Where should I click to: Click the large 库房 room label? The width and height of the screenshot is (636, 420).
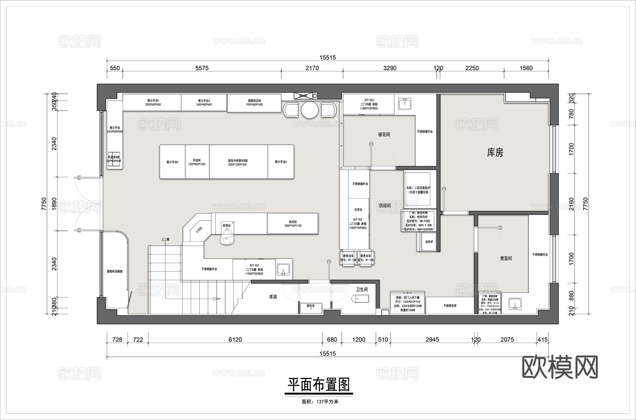coord(495,152)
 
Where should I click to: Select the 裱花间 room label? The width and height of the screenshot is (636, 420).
coord(384,134)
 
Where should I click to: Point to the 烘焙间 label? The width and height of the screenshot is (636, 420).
coord(385,205)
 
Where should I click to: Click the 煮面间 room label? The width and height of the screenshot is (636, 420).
coord(506,258)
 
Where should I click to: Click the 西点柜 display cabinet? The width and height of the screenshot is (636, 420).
coord(293,223)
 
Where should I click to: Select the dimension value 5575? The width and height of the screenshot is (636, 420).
coord(202,68)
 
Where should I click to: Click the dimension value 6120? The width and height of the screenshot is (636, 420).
coord(235,340)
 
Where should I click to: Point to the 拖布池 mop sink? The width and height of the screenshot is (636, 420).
coord(311,307)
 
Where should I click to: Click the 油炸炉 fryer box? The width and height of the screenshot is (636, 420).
coord(429,242)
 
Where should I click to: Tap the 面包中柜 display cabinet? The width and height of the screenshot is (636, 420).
coord(238,162)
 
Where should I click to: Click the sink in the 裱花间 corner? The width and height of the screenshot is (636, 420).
coord(405,104)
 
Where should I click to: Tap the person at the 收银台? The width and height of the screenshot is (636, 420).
coord(226,237)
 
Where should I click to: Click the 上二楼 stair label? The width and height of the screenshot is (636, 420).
coord(165,239)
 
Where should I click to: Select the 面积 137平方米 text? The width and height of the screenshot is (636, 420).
coord(320,402)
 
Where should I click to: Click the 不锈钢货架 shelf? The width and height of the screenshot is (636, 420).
coord(450,306)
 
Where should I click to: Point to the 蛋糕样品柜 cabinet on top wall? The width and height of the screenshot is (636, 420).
coord(254,102)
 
